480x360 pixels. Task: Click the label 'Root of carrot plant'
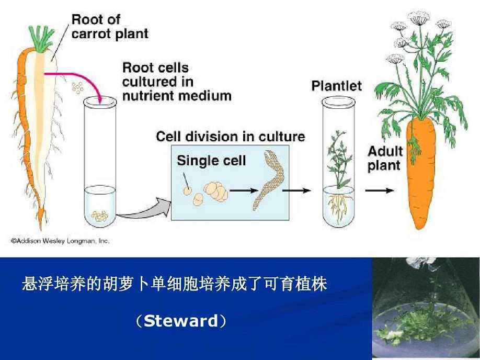click(x=109, y=27)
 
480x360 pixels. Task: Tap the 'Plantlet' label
click(x=336, y=86)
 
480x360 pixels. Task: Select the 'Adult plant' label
click(x=385, y=159)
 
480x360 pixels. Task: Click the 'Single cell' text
click(x=211, y=160)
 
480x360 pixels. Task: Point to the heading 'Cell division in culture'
click(x=230, y=137)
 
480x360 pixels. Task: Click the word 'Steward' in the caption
click(x=180, y=321)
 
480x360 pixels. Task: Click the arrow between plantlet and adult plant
click(x=379, y=190)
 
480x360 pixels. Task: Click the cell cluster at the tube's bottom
click(x=100, y=215)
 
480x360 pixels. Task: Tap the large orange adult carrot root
click(x=421, y=173)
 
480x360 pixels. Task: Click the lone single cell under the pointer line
click(x=187, y=191)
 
